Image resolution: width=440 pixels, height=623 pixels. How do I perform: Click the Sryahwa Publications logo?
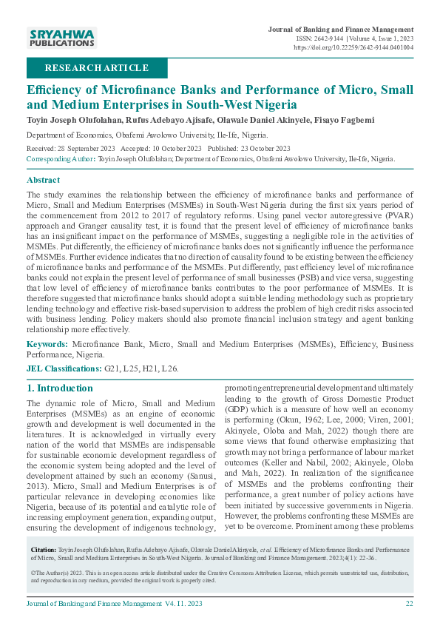click(61, 38)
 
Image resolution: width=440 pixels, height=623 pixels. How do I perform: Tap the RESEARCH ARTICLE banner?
click(97, 68)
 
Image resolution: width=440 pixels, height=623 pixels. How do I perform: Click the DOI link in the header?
click(353, 47)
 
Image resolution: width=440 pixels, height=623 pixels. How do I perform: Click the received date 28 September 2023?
click(86, 148)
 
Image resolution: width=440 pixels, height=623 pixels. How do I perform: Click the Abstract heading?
click(44, 180)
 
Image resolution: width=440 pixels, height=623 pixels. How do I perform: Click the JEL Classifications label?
click(64, 368)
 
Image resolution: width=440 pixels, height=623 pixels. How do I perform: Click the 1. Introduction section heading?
click(60, 388)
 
